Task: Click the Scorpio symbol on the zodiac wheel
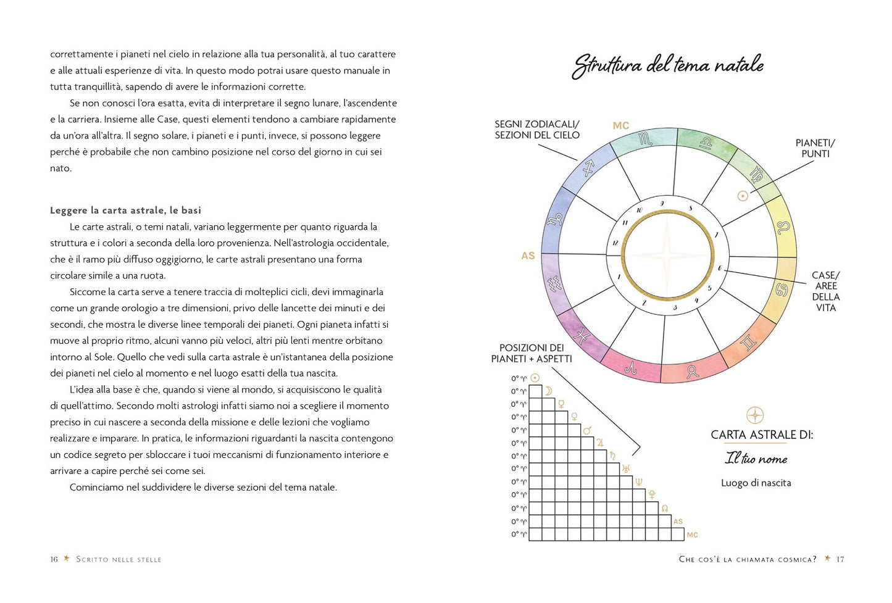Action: pyautogui.click(x=645, y=139)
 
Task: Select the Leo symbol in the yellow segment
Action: pyautogui.click(x=783, y=227)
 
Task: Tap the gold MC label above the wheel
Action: pyautogui.click(x=620, y=126)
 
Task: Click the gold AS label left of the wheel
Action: pyautogui.click(x=528, y=256)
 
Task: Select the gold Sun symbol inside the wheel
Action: pyautogui.click(x=743, y=196)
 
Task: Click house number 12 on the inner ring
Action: pyautogui.click(x=615, y=243)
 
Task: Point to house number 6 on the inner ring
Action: pyautogui.click(x=720, y=268)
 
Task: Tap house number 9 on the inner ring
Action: pyautogui.click(x=662, y=204)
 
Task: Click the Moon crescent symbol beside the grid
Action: pyautogui.click(x=548, y=391)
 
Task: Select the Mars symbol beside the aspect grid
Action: pyautogui.click(x=587, y=430)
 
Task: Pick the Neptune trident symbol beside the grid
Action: pyautogui.click(x=639, y=482)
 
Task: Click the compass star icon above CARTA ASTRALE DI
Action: pyautogui.click(x=755, y=415)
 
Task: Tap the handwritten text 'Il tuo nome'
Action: pyautogui.click(x=756, y=459)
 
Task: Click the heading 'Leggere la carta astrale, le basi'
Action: pyautogui.click(x=126, y=210)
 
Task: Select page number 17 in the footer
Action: pyautogui.click(x=840, y=559)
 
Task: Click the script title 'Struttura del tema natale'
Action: pyautogui.click(x=668, y=65)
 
